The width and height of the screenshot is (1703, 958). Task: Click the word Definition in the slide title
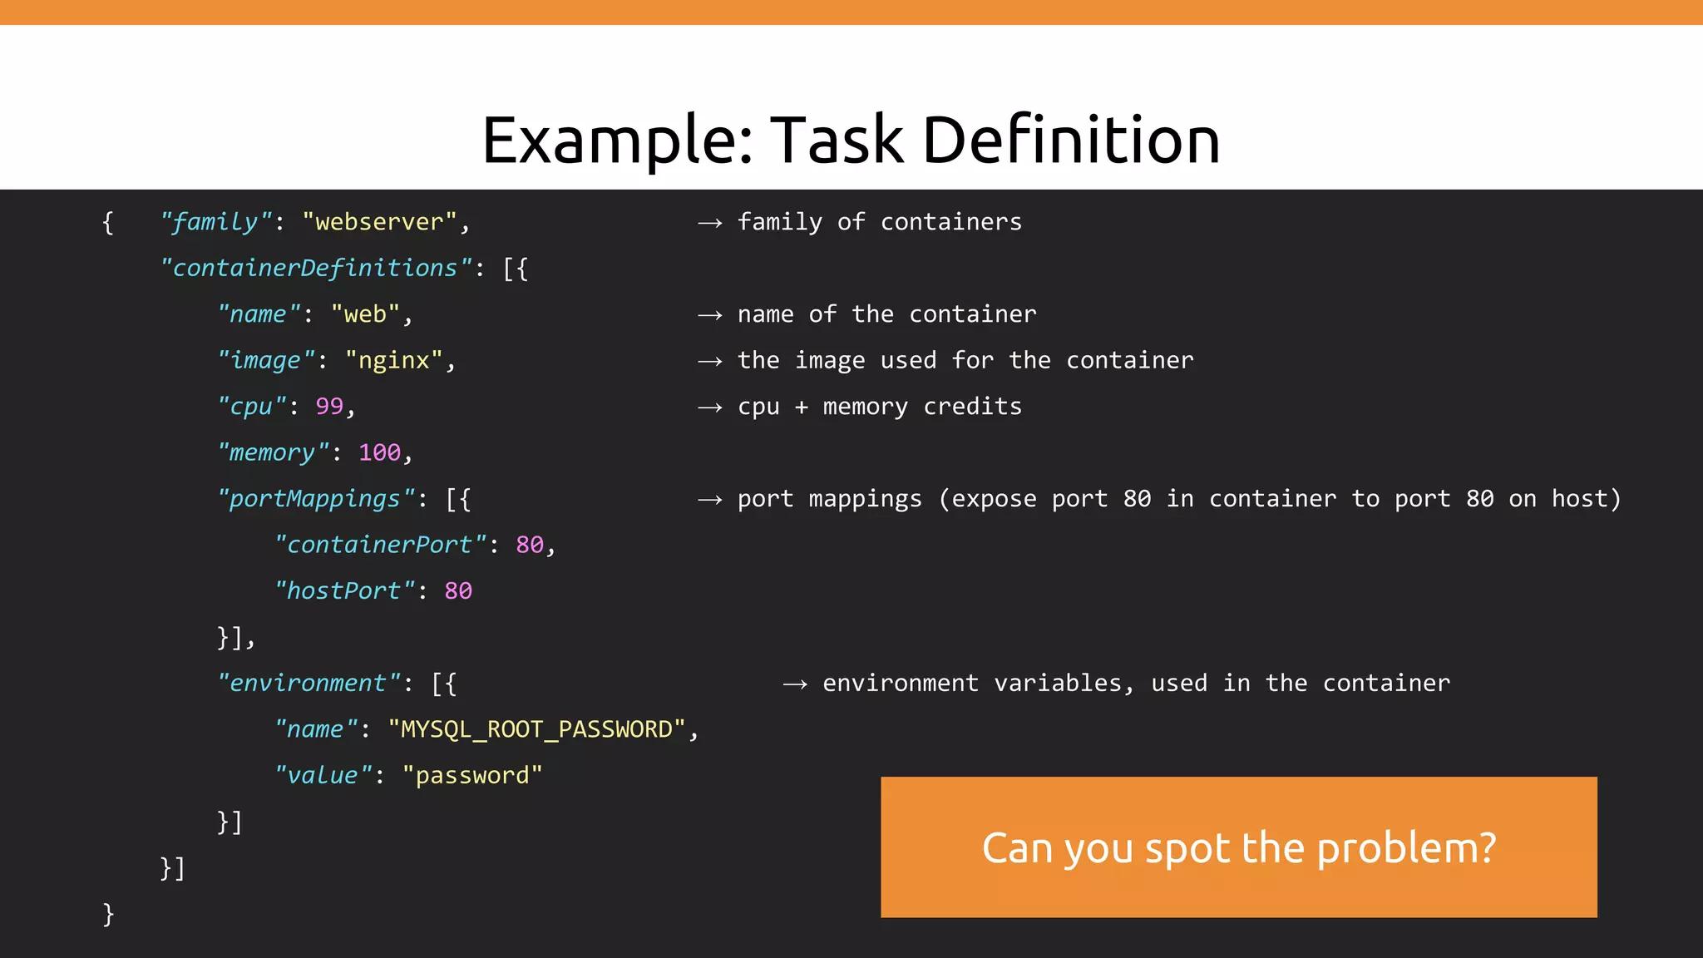point(1071,140)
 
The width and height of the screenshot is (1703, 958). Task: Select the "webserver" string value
point(379,222)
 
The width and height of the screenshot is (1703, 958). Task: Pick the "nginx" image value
point(393,360)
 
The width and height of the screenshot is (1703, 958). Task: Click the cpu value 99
point(329,406)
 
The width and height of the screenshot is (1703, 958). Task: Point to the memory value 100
point(379,452)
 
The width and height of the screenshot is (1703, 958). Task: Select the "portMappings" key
point(315,499)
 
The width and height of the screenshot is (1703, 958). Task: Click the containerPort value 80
point(530,545)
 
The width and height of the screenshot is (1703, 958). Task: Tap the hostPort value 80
point(458,590)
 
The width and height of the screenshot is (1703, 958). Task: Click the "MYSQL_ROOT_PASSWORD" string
point(536,729)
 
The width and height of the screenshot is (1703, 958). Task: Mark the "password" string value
point(471,775)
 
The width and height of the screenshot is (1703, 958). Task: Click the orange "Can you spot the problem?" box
point(1238,847)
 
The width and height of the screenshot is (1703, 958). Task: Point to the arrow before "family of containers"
point(709,223)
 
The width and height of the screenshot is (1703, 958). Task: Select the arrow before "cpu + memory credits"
point(709,407)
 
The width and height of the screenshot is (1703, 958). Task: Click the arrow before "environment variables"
point(795,684)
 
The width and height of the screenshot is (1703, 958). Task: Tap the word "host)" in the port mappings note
point(1586,499)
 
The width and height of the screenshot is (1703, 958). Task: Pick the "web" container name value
point(365,314)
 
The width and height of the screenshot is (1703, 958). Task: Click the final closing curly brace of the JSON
point(108,914)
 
